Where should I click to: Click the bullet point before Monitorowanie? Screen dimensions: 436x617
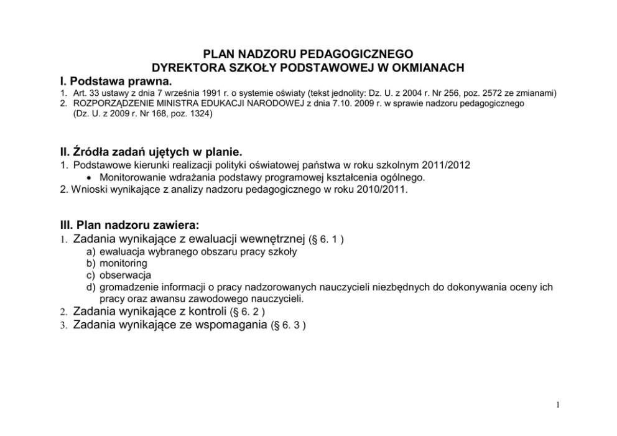90,178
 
